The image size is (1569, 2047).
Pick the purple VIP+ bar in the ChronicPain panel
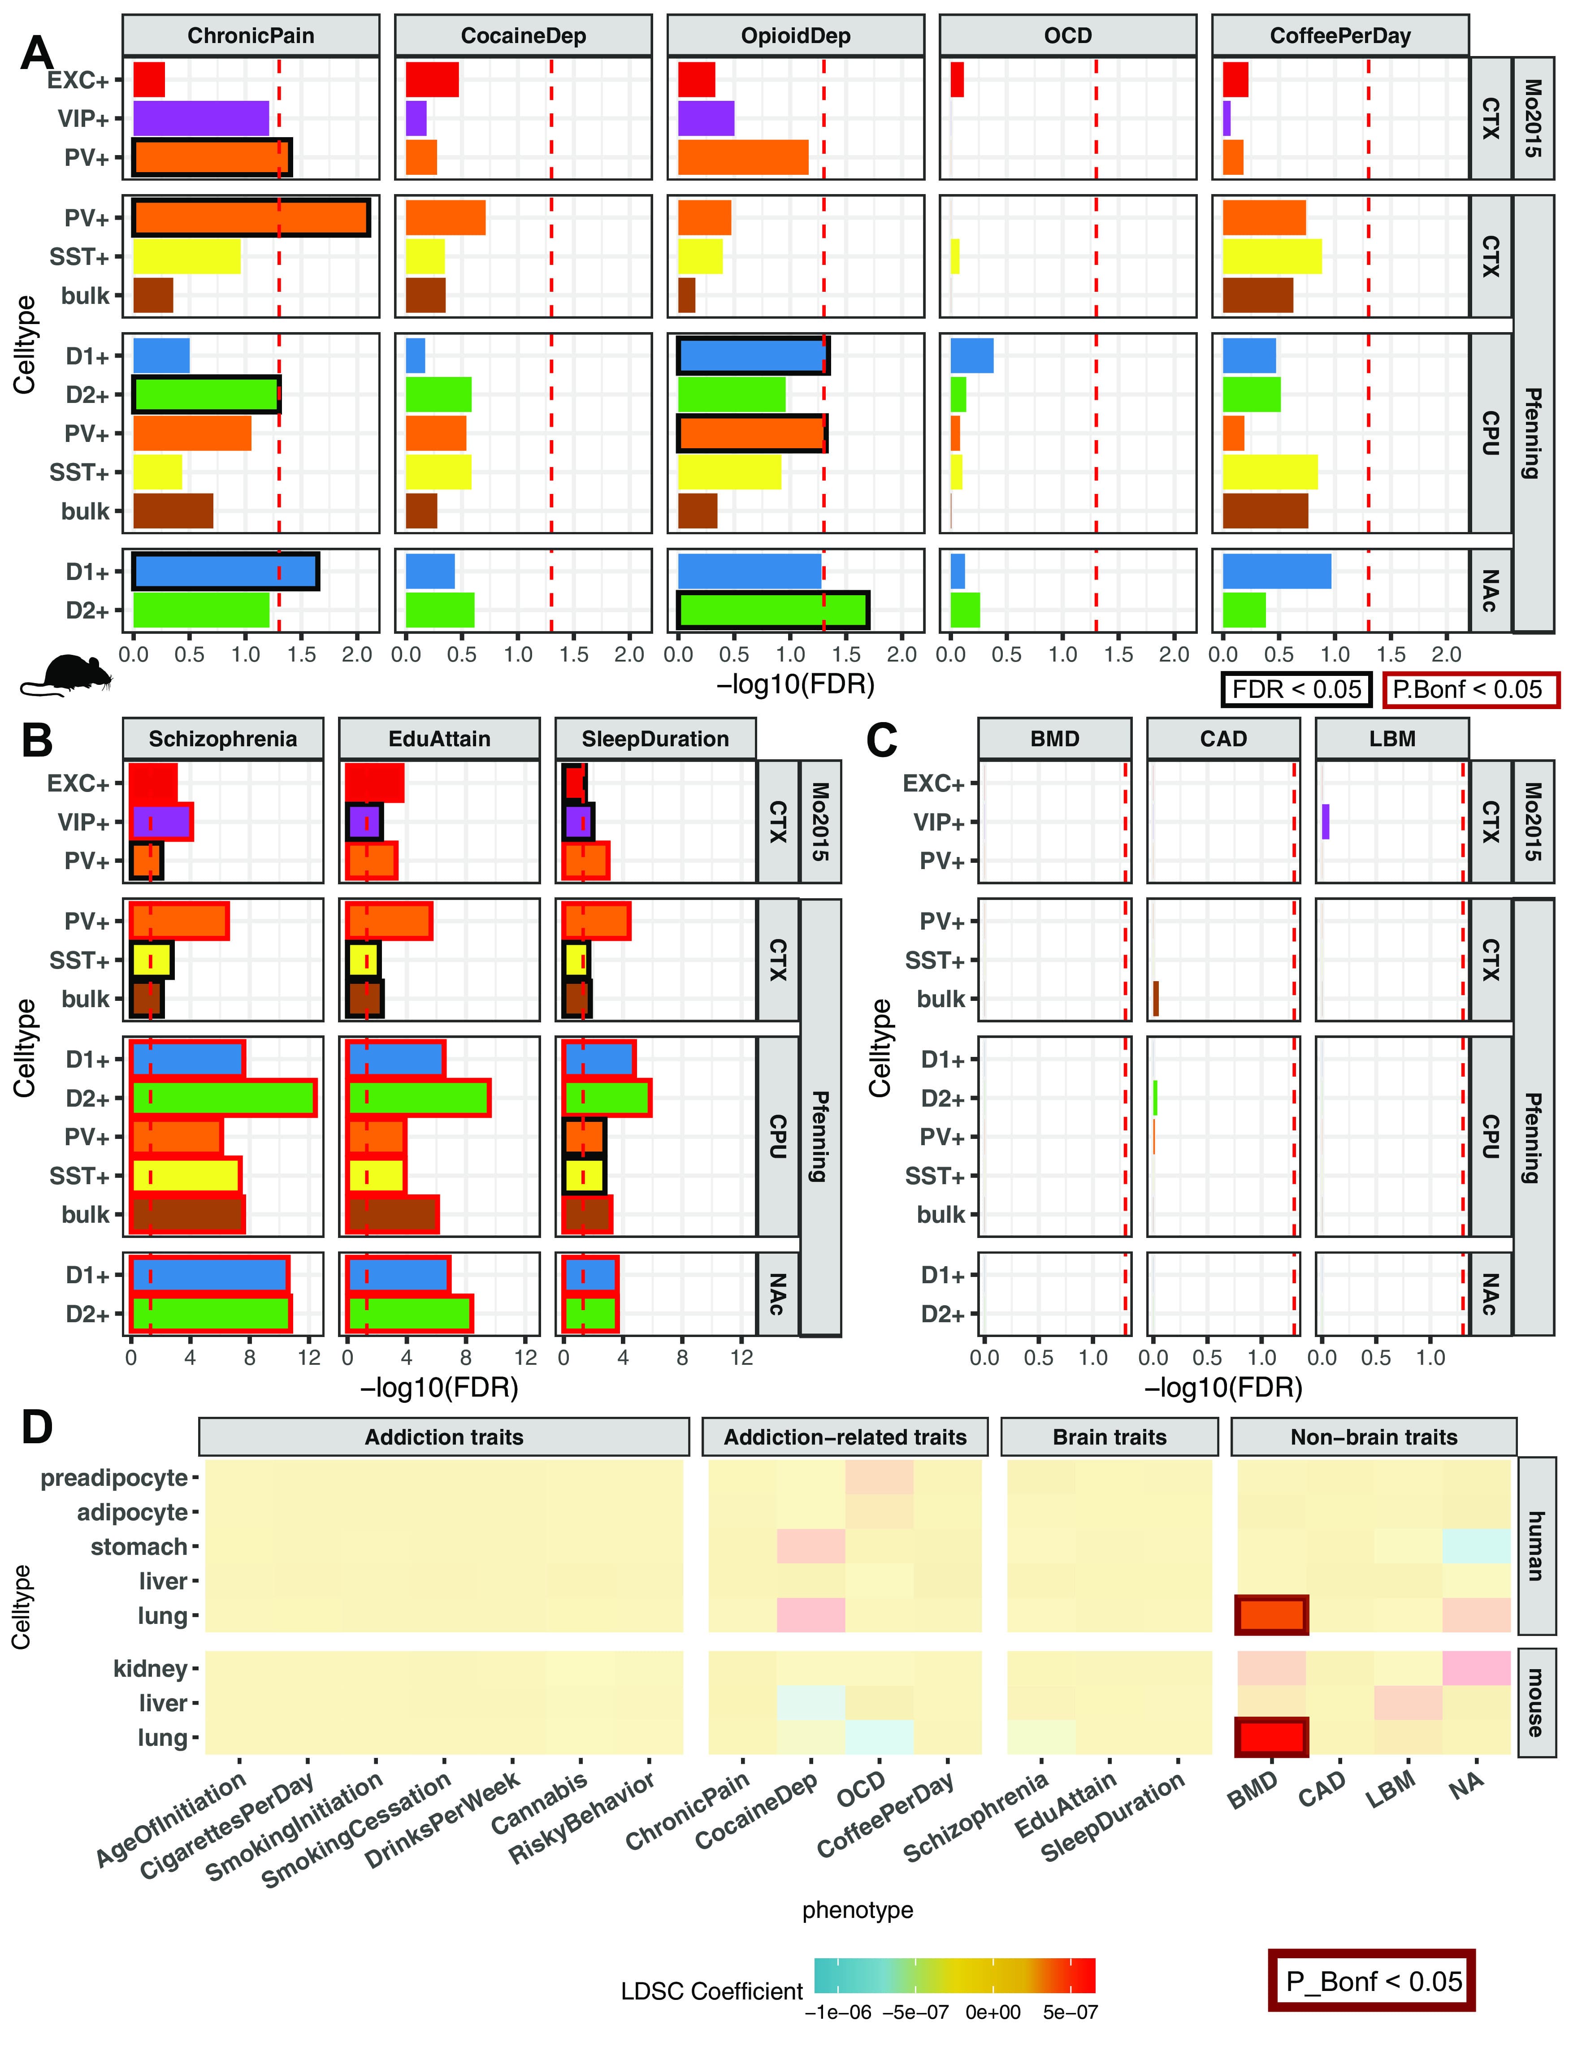click(x=201, y=119)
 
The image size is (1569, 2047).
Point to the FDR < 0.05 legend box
click(x=1296, y=689)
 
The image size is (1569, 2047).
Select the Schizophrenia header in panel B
click(x=223, y=739)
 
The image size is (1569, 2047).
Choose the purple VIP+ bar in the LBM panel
click(x=1325, y=822)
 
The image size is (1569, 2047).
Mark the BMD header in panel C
click(x=1054, y=739)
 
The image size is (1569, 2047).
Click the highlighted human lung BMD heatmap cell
click(x=1271, y=1614)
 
